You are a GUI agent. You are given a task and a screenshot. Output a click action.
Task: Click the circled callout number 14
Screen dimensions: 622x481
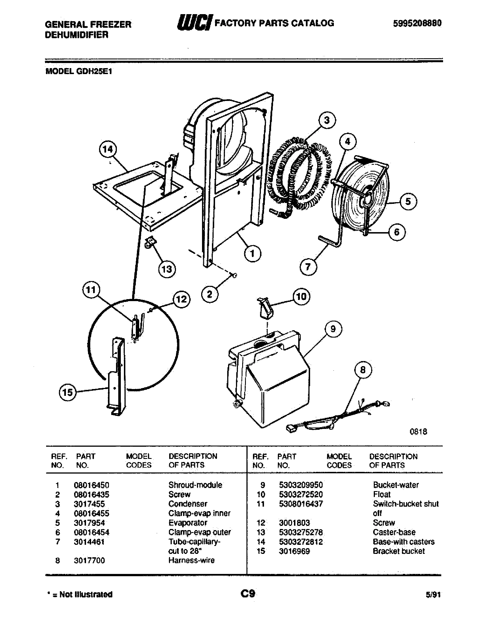pyautogui.click(x=108, y=150)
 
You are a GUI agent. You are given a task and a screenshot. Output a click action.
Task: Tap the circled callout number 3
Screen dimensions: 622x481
pyautogui.click(x=327, y=120)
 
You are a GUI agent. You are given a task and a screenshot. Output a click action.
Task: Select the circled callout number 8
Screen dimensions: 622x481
pyautogui.click(x=363, y=370)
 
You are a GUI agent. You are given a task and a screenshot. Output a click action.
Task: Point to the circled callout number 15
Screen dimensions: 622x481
pyautogui.click(x=68, y=392)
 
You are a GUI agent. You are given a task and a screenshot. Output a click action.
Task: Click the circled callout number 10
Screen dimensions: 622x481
pyautogui.click(x=301, y=297)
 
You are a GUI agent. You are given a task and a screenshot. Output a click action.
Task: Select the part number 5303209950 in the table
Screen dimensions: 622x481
pyautogui.click(x=300, y=485)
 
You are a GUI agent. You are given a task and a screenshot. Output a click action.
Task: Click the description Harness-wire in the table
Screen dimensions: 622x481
pyautogui.click(x=192, y=560)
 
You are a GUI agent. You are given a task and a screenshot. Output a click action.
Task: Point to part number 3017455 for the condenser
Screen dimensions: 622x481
pyautogui.click(x=89, y=504)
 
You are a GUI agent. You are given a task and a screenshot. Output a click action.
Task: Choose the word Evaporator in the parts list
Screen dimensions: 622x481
pyautogui.click(x=188, y=523)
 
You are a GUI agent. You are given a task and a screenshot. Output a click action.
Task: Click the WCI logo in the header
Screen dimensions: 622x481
pyautogui.click(x=195, y=23)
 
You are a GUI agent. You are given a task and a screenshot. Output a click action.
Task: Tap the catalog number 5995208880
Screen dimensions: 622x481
pyautogui.click(x=417, y=23)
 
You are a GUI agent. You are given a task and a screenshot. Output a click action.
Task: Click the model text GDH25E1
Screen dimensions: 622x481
pyautogui.click(x=94, y=71)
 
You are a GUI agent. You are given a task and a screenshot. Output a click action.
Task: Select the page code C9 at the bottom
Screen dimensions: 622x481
pyautogui.click(x=248, y=594)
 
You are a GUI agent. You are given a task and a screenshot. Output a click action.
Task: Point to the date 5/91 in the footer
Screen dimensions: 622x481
pyautogui.click(x=433, y=595)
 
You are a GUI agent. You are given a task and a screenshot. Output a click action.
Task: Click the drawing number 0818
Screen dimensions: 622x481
pyautogui.click(x=418, y=431)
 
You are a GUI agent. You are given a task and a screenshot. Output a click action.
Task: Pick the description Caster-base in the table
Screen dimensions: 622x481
pyautogui.click(x=394, y=532)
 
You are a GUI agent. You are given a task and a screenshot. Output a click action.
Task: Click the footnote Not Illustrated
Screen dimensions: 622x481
pyautogui.click(x=85, y=595)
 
